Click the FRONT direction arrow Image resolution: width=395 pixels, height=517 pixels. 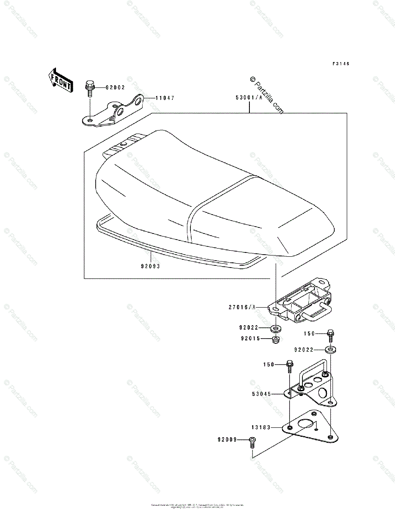pyautogui.click(x=59, y=80)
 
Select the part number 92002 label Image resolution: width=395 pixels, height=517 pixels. pyautogui.click(x=115, y=87)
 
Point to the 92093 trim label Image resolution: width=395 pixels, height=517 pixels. pyautogui.click(x=150, y=266)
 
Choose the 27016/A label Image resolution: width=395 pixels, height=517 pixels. pyautogui.click(x=242, y=307)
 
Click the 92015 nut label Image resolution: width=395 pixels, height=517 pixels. pyautogui.click(x=251, y=339)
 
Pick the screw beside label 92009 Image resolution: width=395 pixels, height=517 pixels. pyautogui.click(x=252, y=442)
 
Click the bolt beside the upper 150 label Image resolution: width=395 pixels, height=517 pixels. pyautogui.click(x=330, y=334)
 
